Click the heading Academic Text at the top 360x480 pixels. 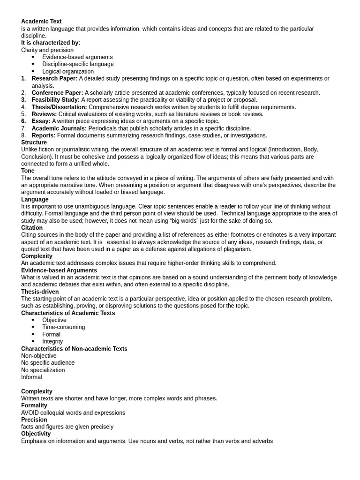pyautogui.click(x=41, y=22)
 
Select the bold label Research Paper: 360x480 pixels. pyautogui.click(x=54, y=79)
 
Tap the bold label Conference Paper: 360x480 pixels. pyautogui.click(x=57, y=93)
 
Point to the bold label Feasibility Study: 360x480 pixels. pyautogui.click(x=55, y=100)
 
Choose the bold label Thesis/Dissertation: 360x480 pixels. pyautogui.click(x=59, y=107)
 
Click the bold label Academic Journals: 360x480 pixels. pyautogui.click(x=59, y=128)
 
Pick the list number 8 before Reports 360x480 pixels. pyautogui.click(x=23, y=136)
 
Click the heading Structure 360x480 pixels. pyautogui.click(x=34, y=142)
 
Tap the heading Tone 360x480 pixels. pyautogui.click(x=28, y=171)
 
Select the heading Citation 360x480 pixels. pyautogui.click(x=32, y=228)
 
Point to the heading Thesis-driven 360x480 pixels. pyautogui.click(x=40, y=292)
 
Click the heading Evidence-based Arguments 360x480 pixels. pyautogui.click(x=59, y=270)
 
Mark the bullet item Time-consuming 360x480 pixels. pyautogui.click(x=63, y=327)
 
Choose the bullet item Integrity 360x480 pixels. pyautogui.click(x=52, y=342)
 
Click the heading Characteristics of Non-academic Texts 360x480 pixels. pyautogui.click(x=74, y=349)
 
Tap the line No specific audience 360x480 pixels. pyautogui.click(x=48, y=363)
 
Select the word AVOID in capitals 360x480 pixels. pyautogui.click(x=30, y=413)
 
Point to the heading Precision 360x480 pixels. pyautogui.click(x=34, y=420)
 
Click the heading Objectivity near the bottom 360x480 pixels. pyautogui.click(x=36, y=434)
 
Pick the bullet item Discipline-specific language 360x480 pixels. pyautogui.click(x=78, y=64)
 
